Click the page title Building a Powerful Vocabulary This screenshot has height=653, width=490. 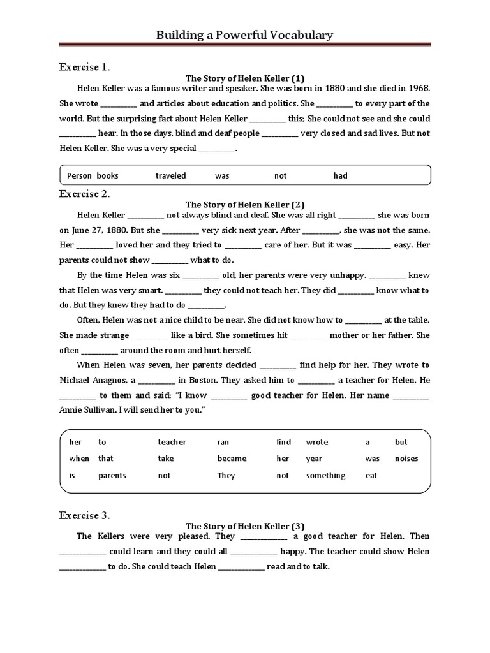point(244,35)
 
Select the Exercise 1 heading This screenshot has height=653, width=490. point(85,66)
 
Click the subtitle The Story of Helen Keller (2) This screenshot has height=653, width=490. point(244,205)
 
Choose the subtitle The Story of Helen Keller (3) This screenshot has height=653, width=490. point(244,526)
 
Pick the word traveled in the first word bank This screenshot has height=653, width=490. point(171,175)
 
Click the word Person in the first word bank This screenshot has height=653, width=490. point(80,175)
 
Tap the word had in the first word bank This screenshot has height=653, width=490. point(341,175)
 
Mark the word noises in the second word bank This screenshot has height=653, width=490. point(406,459)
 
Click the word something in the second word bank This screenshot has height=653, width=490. point(325,475)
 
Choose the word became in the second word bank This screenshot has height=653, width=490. point(232,459)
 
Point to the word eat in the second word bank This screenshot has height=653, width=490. point(371,475)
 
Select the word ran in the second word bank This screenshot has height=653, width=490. point(223,442)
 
